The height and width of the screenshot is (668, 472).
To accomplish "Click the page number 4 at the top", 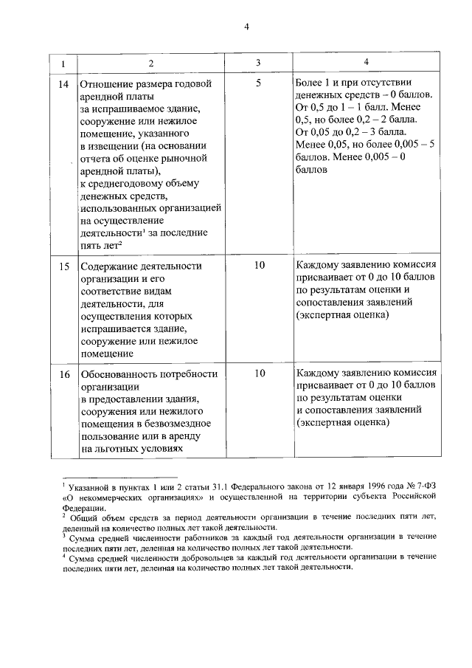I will (x=248, y=27).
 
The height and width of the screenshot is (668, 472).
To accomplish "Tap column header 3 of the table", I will (x=258, y=63).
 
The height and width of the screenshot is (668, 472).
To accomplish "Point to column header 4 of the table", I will (x=366, y=63).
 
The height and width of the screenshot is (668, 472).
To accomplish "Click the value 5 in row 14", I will (x=258, y=83).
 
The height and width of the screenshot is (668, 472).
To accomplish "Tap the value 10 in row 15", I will (x=258, y=265).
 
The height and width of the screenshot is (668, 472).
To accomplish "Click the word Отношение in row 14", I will (x=108, y=83).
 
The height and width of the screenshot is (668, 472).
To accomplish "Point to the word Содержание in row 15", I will (x=111, y=266).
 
